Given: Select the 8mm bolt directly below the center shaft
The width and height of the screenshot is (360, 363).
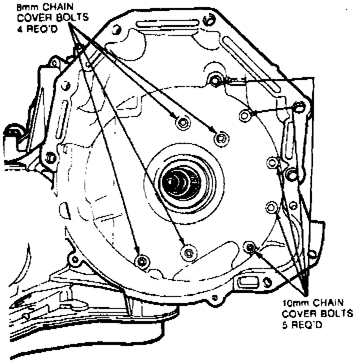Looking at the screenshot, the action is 187,252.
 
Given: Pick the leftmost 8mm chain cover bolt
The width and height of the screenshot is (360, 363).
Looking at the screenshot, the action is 142,260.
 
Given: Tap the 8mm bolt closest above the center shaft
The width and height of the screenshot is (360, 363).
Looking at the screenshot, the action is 183,123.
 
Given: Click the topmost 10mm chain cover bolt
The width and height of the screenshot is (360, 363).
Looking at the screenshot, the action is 216,79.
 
